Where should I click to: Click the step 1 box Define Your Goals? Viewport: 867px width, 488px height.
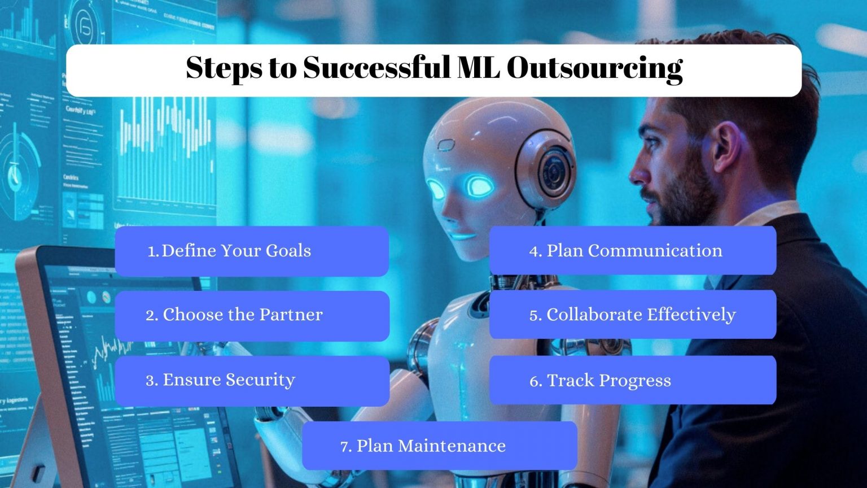point(252,251)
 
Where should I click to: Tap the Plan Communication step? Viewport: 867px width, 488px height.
point(632,251)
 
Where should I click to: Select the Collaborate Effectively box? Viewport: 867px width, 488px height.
point(632,315)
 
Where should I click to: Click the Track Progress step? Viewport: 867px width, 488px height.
point(632,380)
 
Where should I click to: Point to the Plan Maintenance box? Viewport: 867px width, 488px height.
point(439,446)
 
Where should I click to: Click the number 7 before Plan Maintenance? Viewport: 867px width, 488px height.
point(345,447)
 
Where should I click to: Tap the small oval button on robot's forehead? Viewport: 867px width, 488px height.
point(446,145)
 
